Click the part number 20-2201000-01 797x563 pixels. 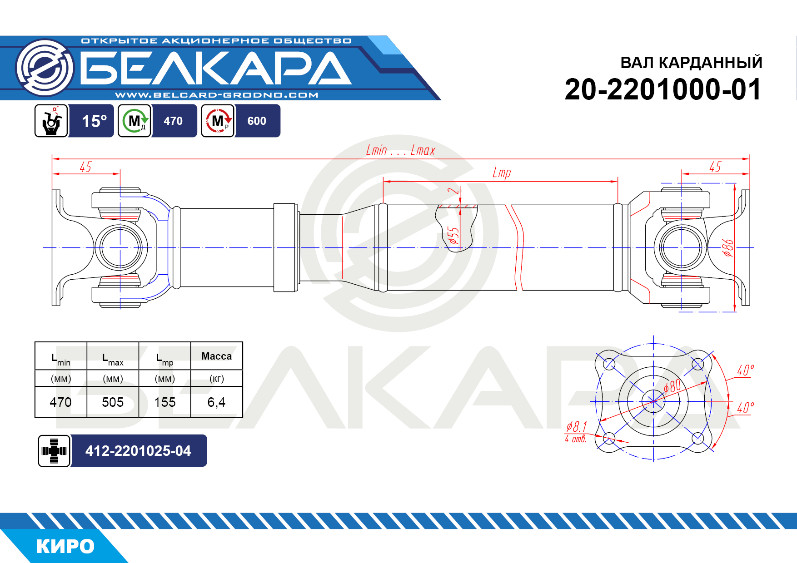tap(663, 89)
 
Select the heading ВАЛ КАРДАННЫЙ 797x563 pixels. tap(691, 63)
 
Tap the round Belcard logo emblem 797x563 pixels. tap(45, 68)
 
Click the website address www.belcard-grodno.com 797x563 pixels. tap(217, 95)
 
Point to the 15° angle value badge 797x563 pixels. tap(94, 121)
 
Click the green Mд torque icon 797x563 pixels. tap(134, 121)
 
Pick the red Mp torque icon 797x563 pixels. tap(218, 121)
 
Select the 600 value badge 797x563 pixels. tap(257, 121)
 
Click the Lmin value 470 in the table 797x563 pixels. tap(61, 402)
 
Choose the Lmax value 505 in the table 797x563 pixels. tap(113, 402)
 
